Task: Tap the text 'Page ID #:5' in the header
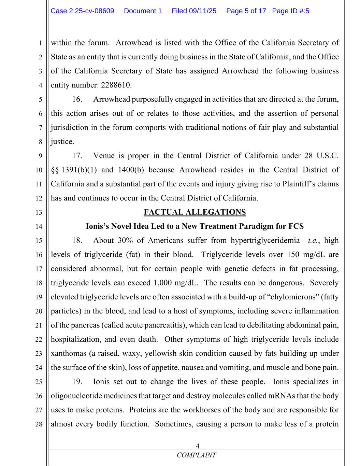coord(291,11)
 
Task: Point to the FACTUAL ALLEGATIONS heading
coord(195,212)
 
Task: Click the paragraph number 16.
coord(77,99)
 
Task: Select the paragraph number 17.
coord(77,156)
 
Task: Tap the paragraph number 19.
coord(77,382)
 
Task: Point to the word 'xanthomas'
coord(69,353)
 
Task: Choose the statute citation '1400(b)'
coord(131,170)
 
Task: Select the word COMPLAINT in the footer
coord(196,455)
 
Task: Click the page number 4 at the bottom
coord(197,446)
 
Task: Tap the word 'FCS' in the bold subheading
coord(296,226)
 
